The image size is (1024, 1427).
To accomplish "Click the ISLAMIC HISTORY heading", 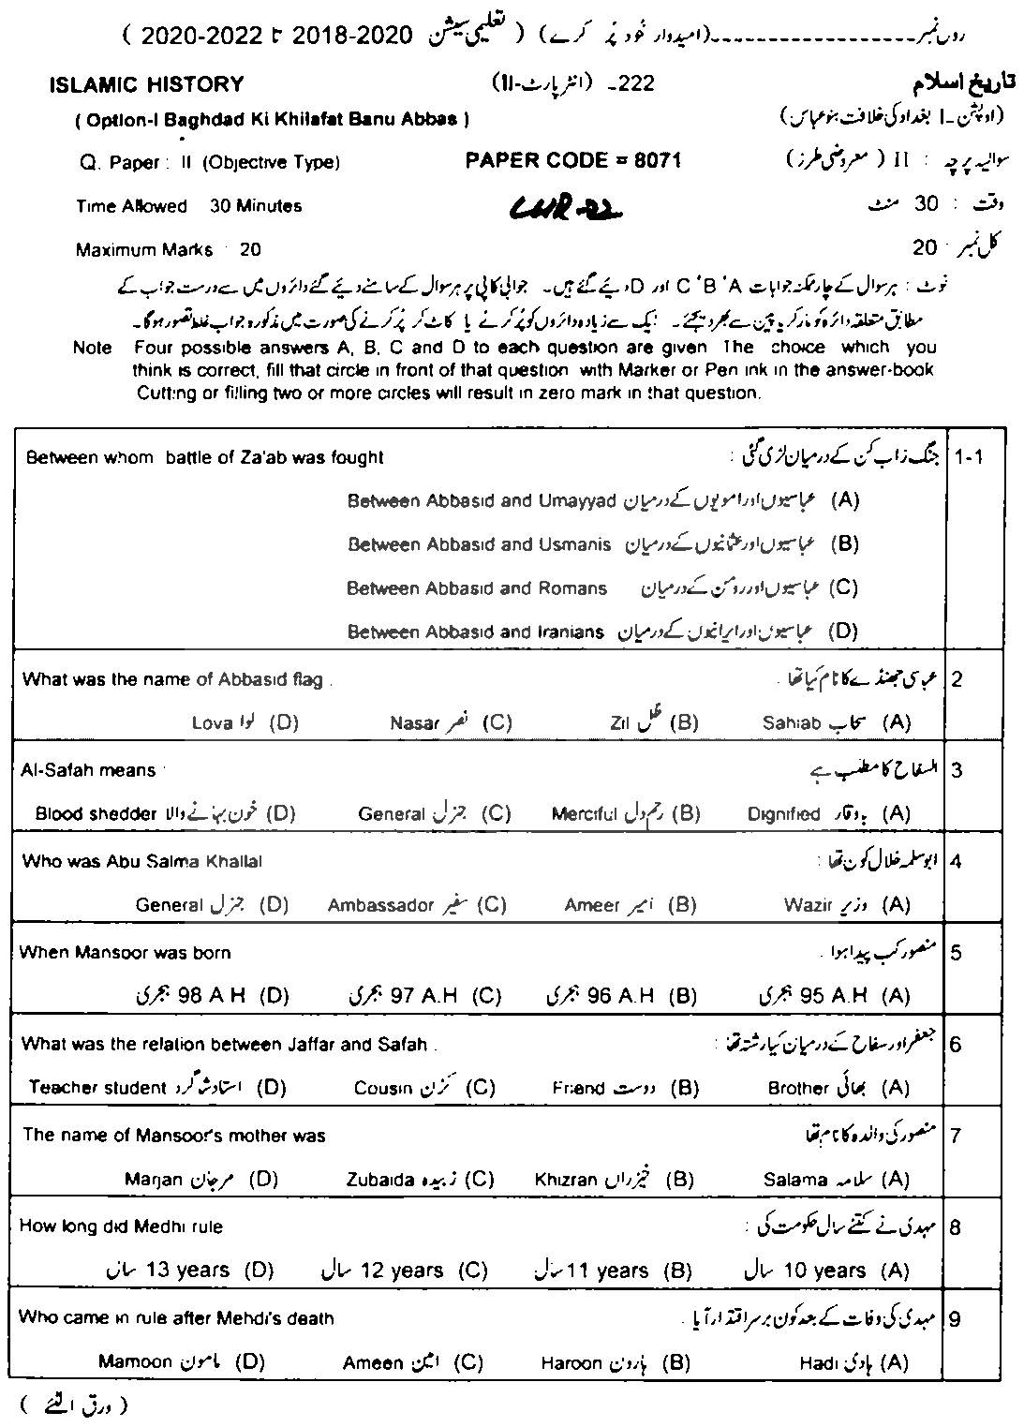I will click(145, 84).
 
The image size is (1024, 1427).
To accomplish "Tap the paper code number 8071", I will click(656, 160).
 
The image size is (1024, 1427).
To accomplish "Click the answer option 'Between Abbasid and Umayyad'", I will click(482, 500).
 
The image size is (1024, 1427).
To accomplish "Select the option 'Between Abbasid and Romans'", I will click(477, 588).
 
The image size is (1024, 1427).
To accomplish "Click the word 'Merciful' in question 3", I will click(582, 813).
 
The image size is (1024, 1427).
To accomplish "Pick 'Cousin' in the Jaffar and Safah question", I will click(383, 1088).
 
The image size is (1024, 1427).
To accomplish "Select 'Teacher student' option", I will click(97, 1087).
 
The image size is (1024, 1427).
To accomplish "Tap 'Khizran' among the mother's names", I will click(566, 1179).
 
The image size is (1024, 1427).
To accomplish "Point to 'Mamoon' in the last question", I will click(135, 1362).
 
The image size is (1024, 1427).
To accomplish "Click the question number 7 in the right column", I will click(956, 1136).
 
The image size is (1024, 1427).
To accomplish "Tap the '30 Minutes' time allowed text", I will click(256, 205).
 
